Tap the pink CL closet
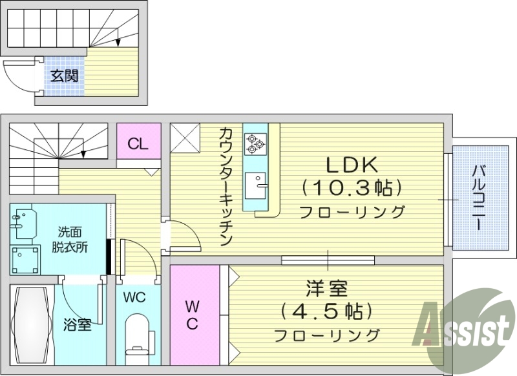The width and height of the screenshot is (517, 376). point(138,143)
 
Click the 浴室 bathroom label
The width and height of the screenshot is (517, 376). point(77,324)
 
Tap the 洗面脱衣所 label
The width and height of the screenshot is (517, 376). point(70,238)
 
